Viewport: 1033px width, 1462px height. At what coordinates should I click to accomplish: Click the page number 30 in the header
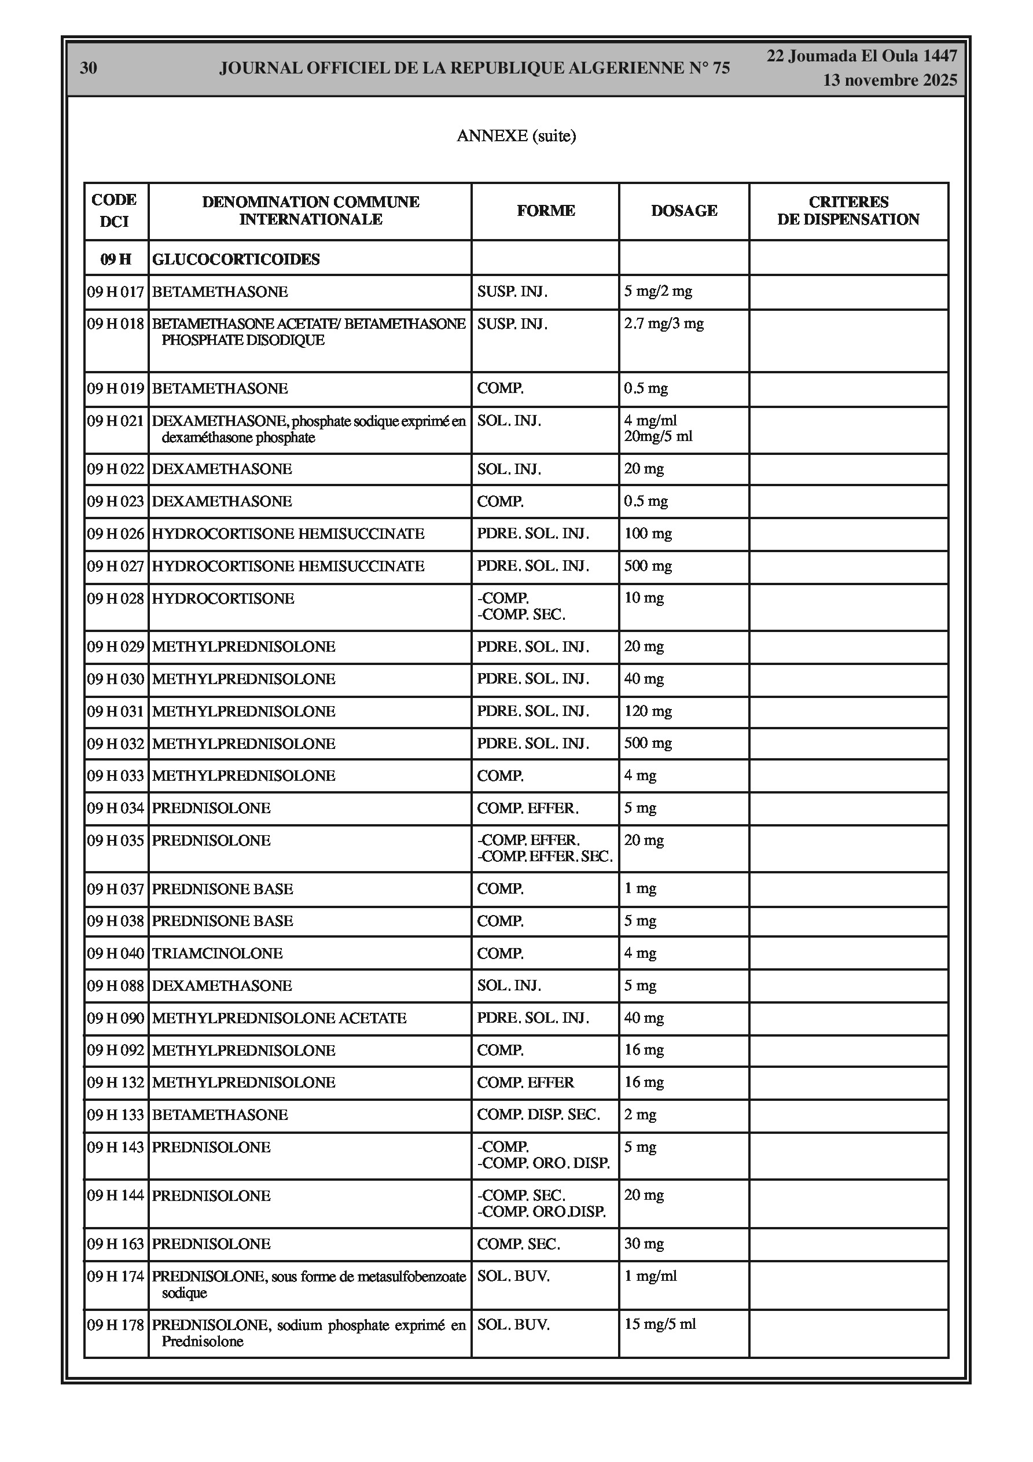click(x=89, y=68)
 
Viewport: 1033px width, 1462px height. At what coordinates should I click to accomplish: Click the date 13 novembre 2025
click(x=889, y=80)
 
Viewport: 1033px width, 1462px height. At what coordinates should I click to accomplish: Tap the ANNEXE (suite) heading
click(x=516, y=135)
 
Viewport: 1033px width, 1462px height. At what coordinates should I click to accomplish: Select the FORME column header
click(x=546, y=211)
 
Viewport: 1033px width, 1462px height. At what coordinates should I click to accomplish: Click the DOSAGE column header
click(x=684, y=211)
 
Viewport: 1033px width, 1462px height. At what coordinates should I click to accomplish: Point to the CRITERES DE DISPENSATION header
click(x=848, y=211)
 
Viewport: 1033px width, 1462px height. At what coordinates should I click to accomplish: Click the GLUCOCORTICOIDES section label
click(x=236, y=259)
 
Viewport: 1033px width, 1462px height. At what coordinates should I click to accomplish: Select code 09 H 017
click(x=116, y=292)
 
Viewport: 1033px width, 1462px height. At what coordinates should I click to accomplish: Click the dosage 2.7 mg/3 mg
click(x=664, y=324)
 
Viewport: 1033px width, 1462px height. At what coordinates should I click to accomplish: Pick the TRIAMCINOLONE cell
click(x=217, y=953)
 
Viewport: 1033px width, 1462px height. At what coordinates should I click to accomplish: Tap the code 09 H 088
click(x=116, y=986)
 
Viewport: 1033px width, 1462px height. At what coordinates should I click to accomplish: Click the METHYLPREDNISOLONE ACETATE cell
click(x=279, y=1018)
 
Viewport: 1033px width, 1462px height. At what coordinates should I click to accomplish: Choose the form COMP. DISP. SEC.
click(x=538, y=1115)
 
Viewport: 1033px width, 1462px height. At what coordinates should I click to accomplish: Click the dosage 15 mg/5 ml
click(x=660, y=1324)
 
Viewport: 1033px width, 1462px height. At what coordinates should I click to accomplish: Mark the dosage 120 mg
click(x=648, y=711)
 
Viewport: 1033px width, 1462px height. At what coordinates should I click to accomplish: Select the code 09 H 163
click(x=116, y=1244)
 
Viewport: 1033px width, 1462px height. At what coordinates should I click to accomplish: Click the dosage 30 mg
click(x=644, y=1244)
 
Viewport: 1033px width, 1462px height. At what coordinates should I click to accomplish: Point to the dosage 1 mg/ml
click(x=650, y=1276)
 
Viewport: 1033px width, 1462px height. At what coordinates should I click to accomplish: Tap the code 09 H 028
click(x=116, y=598)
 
